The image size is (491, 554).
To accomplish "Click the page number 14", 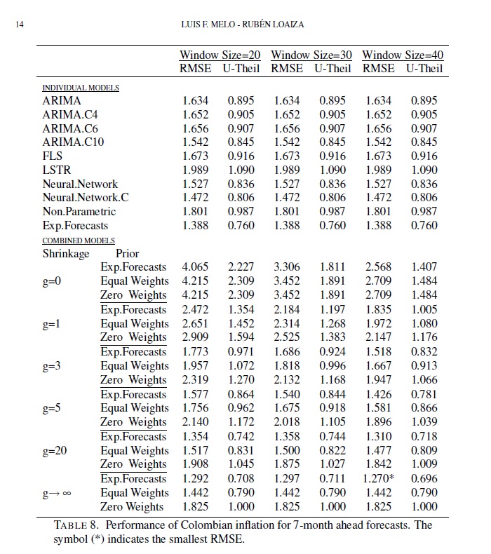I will coord(18,26).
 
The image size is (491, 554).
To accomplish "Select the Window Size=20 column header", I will coord(220,55).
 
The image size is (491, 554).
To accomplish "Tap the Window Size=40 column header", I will coord(403,55).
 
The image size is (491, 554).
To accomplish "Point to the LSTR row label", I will coord(56,170).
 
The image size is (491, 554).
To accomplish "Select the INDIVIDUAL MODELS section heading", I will coord(81,88).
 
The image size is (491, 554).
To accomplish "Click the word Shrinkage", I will coord(66,253).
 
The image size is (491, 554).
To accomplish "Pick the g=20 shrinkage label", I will coord(55,450).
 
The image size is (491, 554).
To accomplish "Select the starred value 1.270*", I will coord(381,479).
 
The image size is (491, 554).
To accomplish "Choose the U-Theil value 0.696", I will coord(424,479).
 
